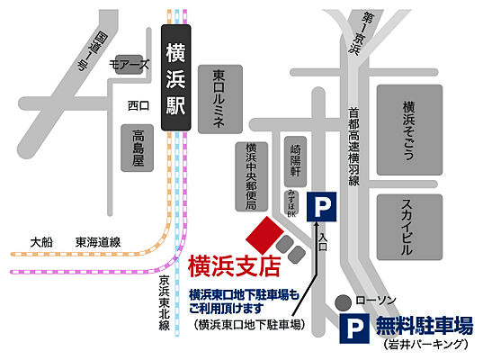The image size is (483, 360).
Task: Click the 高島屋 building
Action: coord(138,148)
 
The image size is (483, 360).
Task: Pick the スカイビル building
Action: coord(408,220)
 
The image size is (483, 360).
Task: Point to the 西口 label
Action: coord(138,106)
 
